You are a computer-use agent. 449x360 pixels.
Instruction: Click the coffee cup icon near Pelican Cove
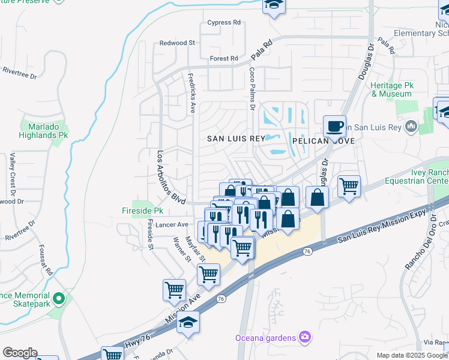click(x=334, y=127)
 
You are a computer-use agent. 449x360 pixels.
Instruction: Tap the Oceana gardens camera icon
click(x=305, y=337)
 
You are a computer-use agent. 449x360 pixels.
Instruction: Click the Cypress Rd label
click(x=223, y=23)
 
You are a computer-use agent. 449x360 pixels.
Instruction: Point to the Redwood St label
click(x=177, y=43)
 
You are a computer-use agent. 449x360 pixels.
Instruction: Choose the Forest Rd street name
click(x=224, y=59)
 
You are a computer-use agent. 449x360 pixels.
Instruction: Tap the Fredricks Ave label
click(x=191, y=93)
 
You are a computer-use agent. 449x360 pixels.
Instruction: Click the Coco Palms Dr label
click(x=252, y=88)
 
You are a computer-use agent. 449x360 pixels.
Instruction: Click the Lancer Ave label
click(x=172, y=224)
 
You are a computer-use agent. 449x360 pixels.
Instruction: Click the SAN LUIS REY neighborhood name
click(x=236, y=139)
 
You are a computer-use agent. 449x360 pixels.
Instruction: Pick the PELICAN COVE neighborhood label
click(x=323, y=140)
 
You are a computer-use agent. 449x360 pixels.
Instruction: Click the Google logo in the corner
click(x=20, y=353)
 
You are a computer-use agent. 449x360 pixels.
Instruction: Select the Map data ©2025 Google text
click(x=412, y=355)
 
